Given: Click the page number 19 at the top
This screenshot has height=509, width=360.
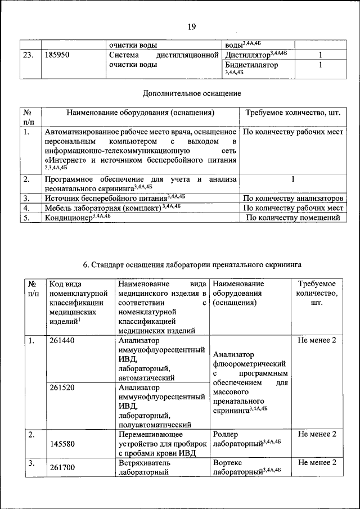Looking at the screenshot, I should (191, 26).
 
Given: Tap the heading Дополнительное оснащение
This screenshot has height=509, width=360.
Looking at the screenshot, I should (192, 93).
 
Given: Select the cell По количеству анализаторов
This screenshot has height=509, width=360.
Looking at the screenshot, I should (293, 198).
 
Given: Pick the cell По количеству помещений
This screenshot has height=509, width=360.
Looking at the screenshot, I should (293, 218).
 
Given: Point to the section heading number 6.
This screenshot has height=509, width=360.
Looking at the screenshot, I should (86, 263).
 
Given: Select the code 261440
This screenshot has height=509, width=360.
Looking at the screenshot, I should (62, 341).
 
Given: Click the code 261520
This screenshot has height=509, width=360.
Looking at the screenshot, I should (62, 388).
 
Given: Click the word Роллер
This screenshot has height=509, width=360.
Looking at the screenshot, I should (226, 434).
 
